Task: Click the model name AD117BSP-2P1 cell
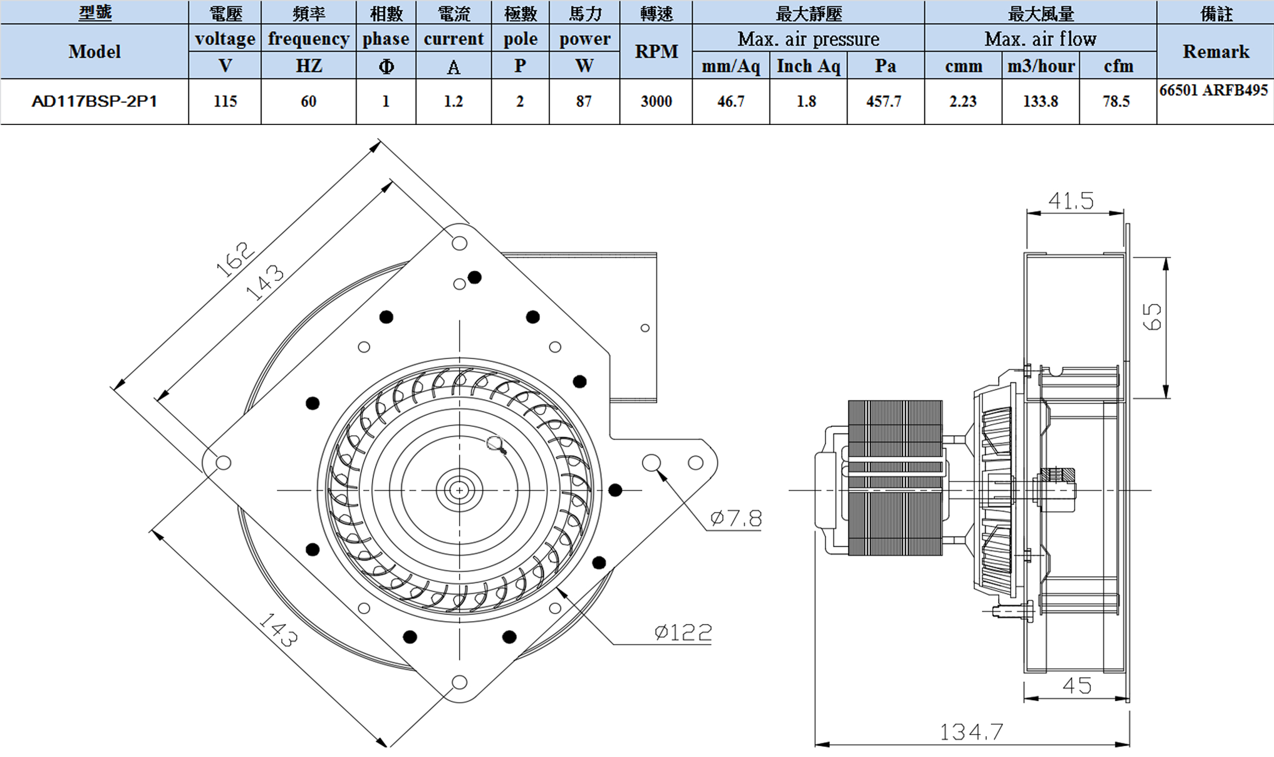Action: (94, 101)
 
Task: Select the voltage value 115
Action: (225, 101)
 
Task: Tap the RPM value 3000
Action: (656, 101)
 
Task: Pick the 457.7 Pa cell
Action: (884, 101)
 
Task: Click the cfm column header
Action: (1118, 66)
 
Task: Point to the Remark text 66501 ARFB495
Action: (1214, 90)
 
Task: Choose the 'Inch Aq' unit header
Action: (808, 66)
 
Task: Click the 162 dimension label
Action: (235, 259)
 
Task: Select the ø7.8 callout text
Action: (736, 518)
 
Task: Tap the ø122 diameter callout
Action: (683, 633)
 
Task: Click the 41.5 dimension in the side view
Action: (1071, 201)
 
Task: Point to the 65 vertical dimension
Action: (1152, 317)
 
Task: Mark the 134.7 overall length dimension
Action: (971, 732)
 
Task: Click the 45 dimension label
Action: (1077, 685)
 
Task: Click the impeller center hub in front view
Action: (460, 490)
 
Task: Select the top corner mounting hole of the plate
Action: (460, 243)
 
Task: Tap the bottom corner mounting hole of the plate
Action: (460, 682)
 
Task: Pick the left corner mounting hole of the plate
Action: (223, 462)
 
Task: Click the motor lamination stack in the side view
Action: (894, 478)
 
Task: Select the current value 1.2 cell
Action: (453, 101)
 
